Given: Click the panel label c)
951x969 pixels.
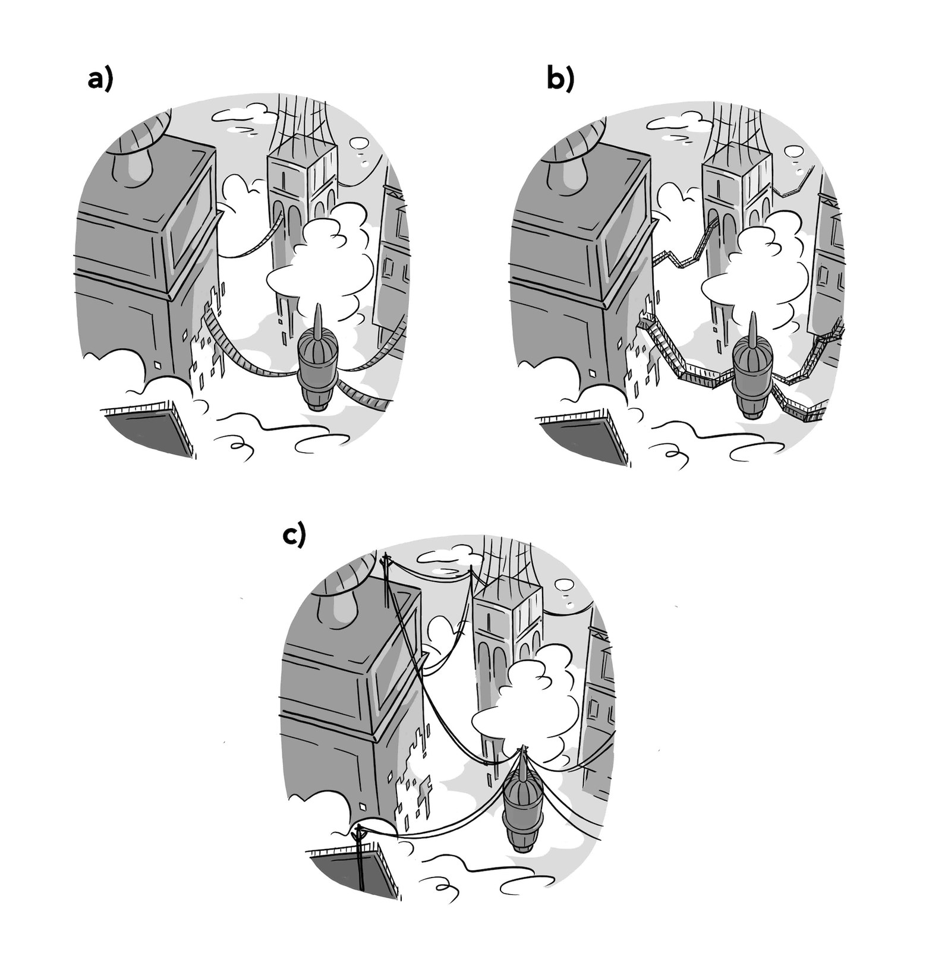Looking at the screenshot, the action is [294, 535].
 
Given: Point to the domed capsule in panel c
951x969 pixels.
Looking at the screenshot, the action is [522, 799].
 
